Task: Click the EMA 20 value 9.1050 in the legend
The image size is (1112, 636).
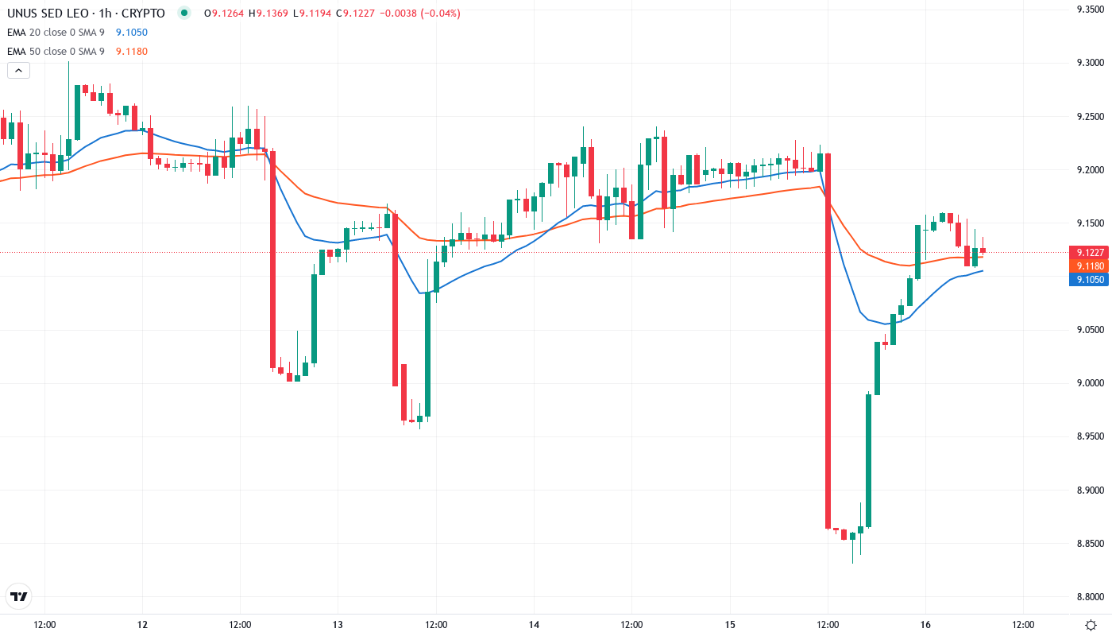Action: pos(131,33)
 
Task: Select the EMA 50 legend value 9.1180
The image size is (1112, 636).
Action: pos(131,52)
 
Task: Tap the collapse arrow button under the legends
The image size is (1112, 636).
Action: pos(18,71)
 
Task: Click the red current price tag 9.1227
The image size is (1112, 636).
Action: pos(1088,252)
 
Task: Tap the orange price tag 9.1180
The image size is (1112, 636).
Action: pos(1088,266)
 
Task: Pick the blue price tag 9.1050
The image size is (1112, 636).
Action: pos(1088,279)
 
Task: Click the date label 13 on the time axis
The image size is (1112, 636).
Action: pos(338,625)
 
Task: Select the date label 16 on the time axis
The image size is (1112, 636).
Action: pos(925,625)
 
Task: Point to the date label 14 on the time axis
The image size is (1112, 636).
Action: pos(534,625)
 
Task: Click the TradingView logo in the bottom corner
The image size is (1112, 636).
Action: pos(18,596)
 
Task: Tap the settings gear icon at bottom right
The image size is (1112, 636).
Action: pos(1091,625)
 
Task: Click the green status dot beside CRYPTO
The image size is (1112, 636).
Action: pos(184,13)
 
